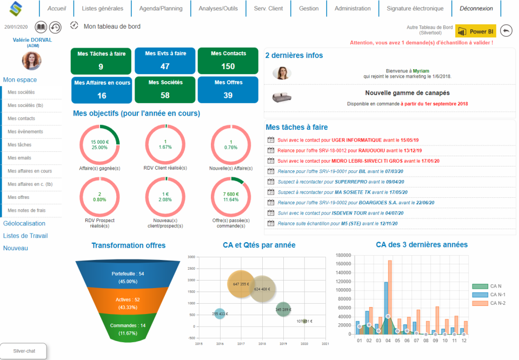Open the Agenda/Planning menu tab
[x=161, y=9]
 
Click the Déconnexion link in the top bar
[x=476, y=9]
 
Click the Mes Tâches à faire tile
[x=101, y=61]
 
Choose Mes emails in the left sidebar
[x=20, y=158]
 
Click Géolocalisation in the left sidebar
[x=24, y=223]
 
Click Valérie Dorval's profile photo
[x=31, y=61]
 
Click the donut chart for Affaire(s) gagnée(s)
[x=99, y=144]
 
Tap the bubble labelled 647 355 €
[x=241, y=284]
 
